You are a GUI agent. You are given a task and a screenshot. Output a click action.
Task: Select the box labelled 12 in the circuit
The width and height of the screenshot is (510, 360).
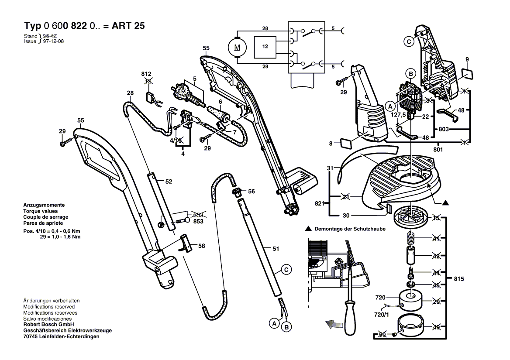[x=265, y=46]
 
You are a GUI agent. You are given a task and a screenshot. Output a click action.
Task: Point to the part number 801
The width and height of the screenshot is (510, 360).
[x=438, y=150]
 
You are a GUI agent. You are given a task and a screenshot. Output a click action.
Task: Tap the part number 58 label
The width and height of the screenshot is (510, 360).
[x=201, y=246]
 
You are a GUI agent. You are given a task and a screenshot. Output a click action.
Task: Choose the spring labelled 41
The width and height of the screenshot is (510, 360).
[x=410, y=239]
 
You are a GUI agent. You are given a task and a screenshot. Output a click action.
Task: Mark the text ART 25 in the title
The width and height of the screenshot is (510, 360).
[x=130, y=26]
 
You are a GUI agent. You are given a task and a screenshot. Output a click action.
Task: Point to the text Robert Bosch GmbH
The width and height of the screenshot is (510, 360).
[x=48, y=325]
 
